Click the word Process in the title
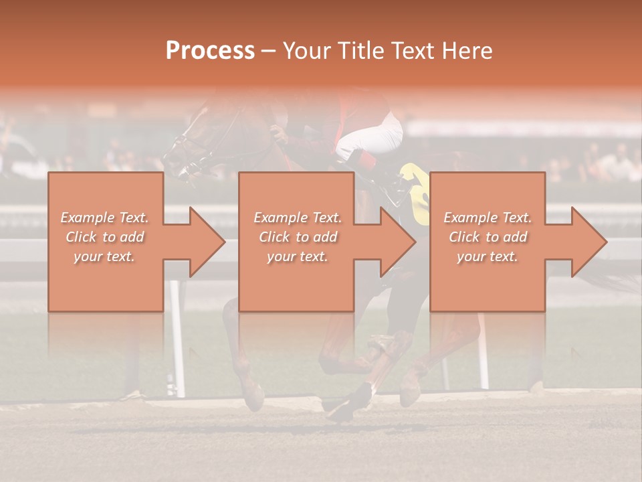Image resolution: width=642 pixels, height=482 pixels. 210,51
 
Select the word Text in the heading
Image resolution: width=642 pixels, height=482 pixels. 412,51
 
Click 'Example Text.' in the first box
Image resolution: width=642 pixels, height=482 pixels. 105,218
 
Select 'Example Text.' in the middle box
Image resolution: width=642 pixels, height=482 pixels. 298,218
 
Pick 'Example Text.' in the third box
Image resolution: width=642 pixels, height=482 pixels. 488,218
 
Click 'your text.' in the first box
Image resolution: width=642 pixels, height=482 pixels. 105,256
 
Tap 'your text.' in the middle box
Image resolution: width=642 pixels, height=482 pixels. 298,256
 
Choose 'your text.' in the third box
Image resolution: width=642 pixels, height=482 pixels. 488,256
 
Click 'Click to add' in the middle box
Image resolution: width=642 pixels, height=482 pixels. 298,237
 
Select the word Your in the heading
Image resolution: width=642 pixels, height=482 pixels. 306,51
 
